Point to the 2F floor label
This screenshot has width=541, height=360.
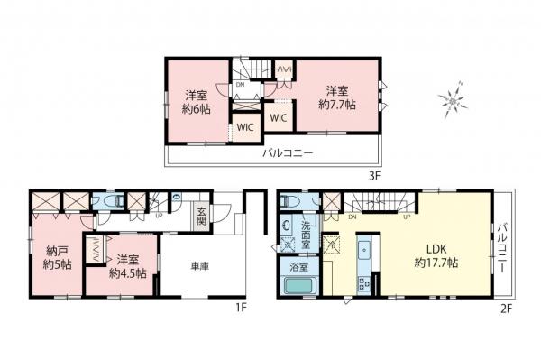(x=507, y=307)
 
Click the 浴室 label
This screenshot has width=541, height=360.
(x=298, y=265)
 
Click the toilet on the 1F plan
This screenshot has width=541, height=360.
(x=112, y=202)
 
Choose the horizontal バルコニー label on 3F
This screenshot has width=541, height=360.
(x=288, y=154)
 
